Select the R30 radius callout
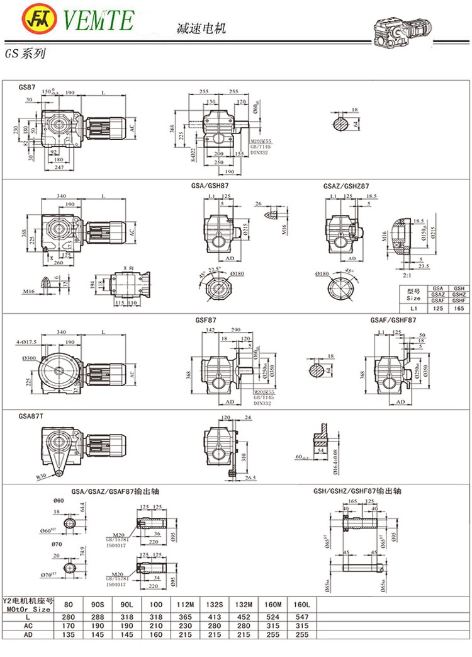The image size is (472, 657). point(43,476)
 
